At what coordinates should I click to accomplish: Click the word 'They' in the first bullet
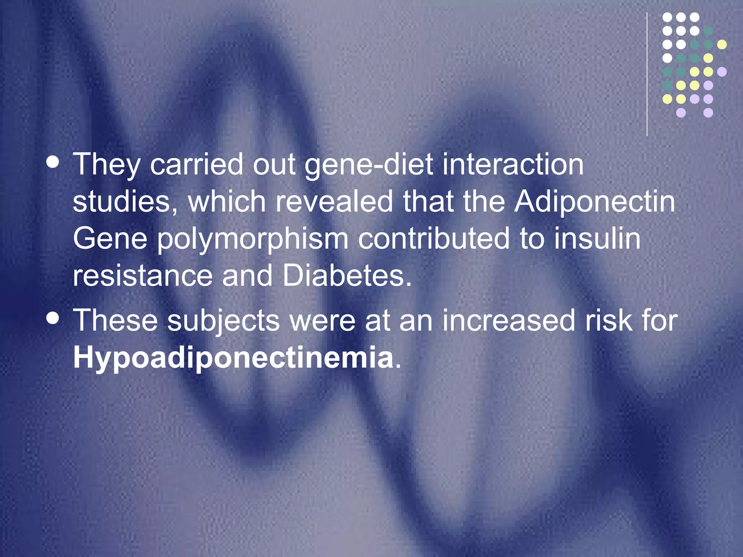[106, 165]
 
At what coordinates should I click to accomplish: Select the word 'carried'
[196, 165]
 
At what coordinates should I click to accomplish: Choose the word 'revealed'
[334, 202]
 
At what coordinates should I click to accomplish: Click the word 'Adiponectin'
[595, 202]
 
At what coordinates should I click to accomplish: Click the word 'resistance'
[143, 276]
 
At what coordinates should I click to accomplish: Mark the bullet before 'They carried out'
[53, 162]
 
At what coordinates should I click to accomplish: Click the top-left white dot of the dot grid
[667, 17]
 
